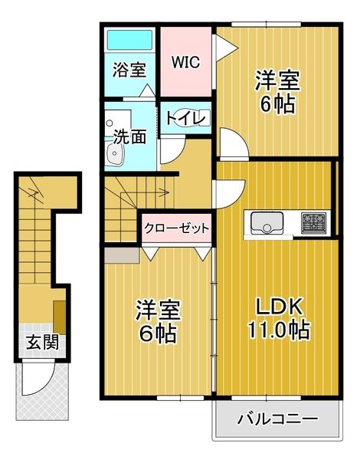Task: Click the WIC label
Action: pos(185,62)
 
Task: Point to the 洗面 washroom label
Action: pos(129,137)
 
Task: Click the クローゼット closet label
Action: pos(175,228)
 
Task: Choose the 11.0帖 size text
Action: pos(277,331)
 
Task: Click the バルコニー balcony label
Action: pos(277,419)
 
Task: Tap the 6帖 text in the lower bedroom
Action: pos(159,334)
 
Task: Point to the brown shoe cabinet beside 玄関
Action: pos(58,314)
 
